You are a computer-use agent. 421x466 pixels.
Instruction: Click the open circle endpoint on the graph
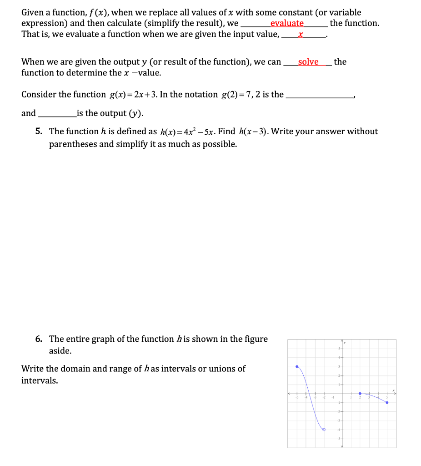(324, 429)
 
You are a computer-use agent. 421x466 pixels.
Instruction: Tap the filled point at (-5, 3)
(297, 366)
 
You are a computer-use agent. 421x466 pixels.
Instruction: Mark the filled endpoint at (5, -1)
(387, 402)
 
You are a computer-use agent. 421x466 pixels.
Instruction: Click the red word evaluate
(287, 23)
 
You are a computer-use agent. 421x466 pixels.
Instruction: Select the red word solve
(308, 62)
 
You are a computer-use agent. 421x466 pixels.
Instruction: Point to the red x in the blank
(300, 35)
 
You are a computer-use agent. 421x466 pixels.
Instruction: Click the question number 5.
(39, 132)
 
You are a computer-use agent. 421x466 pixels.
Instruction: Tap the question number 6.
(39, 339)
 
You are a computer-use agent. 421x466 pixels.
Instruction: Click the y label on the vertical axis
(345, 343)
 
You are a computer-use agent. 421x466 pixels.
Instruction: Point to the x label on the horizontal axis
(394, 390)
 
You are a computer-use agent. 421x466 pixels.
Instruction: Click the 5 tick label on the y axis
(338, 348)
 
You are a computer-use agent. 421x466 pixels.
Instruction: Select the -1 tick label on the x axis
(333, 397)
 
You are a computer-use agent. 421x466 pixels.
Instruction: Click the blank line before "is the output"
(57, 113)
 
